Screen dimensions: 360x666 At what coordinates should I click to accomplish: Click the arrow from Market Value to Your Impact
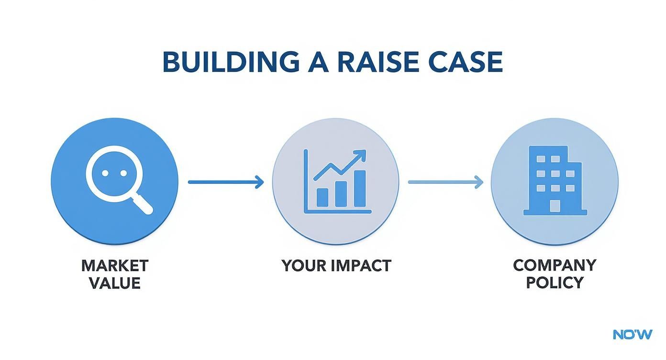click(x=226, y=182)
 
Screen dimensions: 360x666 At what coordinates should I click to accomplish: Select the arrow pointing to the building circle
click(x=445, y=182)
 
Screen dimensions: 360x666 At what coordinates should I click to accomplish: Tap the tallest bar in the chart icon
click(x=359, y=188)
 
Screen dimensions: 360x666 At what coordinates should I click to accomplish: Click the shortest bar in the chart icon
click(x=322, y=197)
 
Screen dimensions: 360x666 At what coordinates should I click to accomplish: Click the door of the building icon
click(x=555, y=205)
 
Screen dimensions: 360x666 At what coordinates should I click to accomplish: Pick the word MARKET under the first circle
click(x=115, y=265)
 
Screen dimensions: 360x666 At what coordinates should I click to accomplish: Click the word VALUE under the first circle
click(x=115, y=282)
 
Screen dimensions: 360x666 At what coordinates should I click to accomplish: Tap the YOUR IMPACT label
click(x=336, y=265)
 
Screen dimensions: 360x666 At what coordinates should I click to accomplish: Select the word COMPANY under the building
click(x=555, y=265)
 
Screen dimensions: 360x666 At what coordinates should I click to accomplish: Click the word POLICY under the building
click(x=555, y=282)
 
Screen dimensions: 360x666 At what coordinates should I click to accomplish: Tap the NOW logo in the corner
click(x=632, y=334)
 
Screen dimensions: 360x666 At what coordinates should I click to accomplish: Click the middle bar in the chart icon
click(x=341, y=193)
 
